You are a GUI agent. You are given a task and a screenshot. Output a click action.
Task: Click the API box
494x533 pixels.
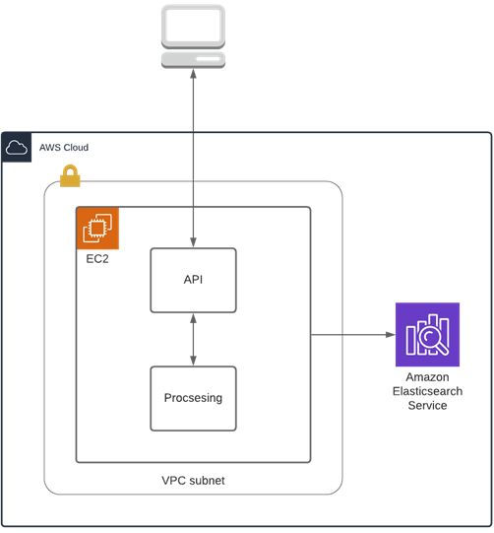pos(193,280)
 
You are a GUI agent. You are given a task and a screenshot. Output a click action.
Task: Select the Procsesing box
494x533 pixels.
pos(193,398)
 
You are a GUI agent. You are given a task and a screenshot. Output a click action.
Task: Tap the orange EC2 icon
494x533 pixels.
pos(97,229)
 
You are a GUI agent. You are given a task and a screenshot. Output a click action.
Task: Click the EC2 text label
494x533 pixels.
pos(97,259)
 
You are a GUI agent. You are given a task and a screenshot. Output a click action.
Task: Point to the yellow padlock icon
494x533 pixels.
pos(70,175)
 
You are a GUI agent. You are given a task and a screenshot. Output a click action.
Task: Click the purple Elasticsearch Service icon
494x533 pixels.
pos(427,335)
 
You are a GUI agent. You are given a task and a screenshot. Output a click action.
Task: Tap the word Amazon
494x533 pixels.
pos(427,377)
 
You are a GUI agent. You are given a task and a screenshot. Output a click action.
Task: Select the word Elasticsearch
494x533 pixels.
pos(427,391)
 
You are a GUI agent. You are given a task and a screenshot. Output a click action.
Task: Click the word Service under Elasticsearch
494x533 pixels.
pos(427,406)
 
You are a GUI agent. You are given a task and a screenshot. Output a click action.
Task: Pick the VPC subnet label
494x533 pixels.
pos(193,481)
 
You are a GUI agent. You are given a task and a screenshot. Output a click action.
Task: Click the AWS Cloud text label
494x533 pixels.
pos(64,148)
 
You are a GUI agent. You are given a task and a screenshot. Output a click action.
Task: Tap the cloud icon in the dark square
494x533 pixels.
pos(17,148)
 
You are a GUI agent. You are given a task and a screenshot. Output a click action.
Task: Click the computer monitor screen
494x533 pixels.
pos(193,25)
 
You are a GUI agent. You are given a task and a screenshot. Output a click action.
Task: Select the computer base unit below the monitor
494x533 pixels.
pos(193,60)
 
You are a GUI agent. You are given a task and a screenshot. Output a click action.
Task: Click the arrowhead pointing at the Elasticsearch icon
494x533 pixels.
pos(391,335)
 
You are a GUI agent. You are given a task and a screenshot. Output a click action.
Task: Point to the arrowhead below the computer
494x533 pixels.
pos(193,74)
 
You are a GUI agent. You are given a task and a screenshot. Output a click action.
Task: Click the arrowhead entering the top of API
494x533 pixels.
pos(193,242)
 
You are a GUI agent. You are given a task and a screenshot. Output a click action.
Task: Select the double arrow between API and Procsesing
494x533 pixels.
pos(193,339)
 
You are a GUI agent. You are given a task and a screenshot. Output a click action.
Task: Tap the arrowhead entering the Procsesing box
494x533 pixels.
pos(193,361)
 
